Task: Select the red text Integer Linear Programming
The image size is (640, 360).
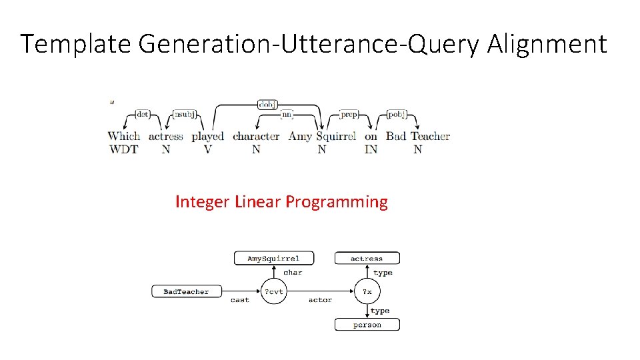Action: tap(281, 202)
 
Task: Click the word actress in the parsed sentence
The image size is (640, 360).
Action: tap(165, 136)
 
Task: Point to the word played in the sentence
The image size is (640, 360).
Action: tap(207, 137)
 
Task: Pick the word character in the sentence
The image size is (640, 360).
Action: tap(256, 136)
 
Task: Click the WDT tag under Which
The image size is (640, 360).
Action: tap(123, 149)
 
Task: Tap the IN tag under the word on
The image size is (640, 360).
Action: tap(371, 149)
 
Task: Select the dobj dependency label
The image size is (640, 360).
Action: tap(267, 104)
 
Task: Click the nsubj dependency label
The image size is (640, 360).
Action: tap(184, 115)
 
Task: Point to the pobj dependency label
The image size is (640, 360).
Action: tap(396, 115)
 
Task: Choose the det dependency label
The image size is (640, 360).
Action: tap(142, 115)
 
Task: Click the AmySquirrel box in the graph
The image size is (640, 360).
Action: tap(273, 258)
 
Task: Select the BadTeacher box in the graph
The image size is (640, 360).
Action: tap(186, 291)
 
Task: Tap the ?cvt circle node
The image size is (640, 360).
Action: tap(273, 291)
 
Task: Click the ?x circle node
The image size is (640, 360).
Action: tap(367, 291)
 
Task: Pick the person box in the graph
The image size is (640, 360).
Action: tap(367, 325)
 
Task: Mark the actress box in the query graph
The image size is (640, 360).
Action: tap(367, 258)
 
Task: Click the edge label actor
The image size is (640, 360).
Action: tap(320, 300)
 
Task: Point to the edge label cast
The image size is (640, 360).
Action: tap(240, 300)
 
